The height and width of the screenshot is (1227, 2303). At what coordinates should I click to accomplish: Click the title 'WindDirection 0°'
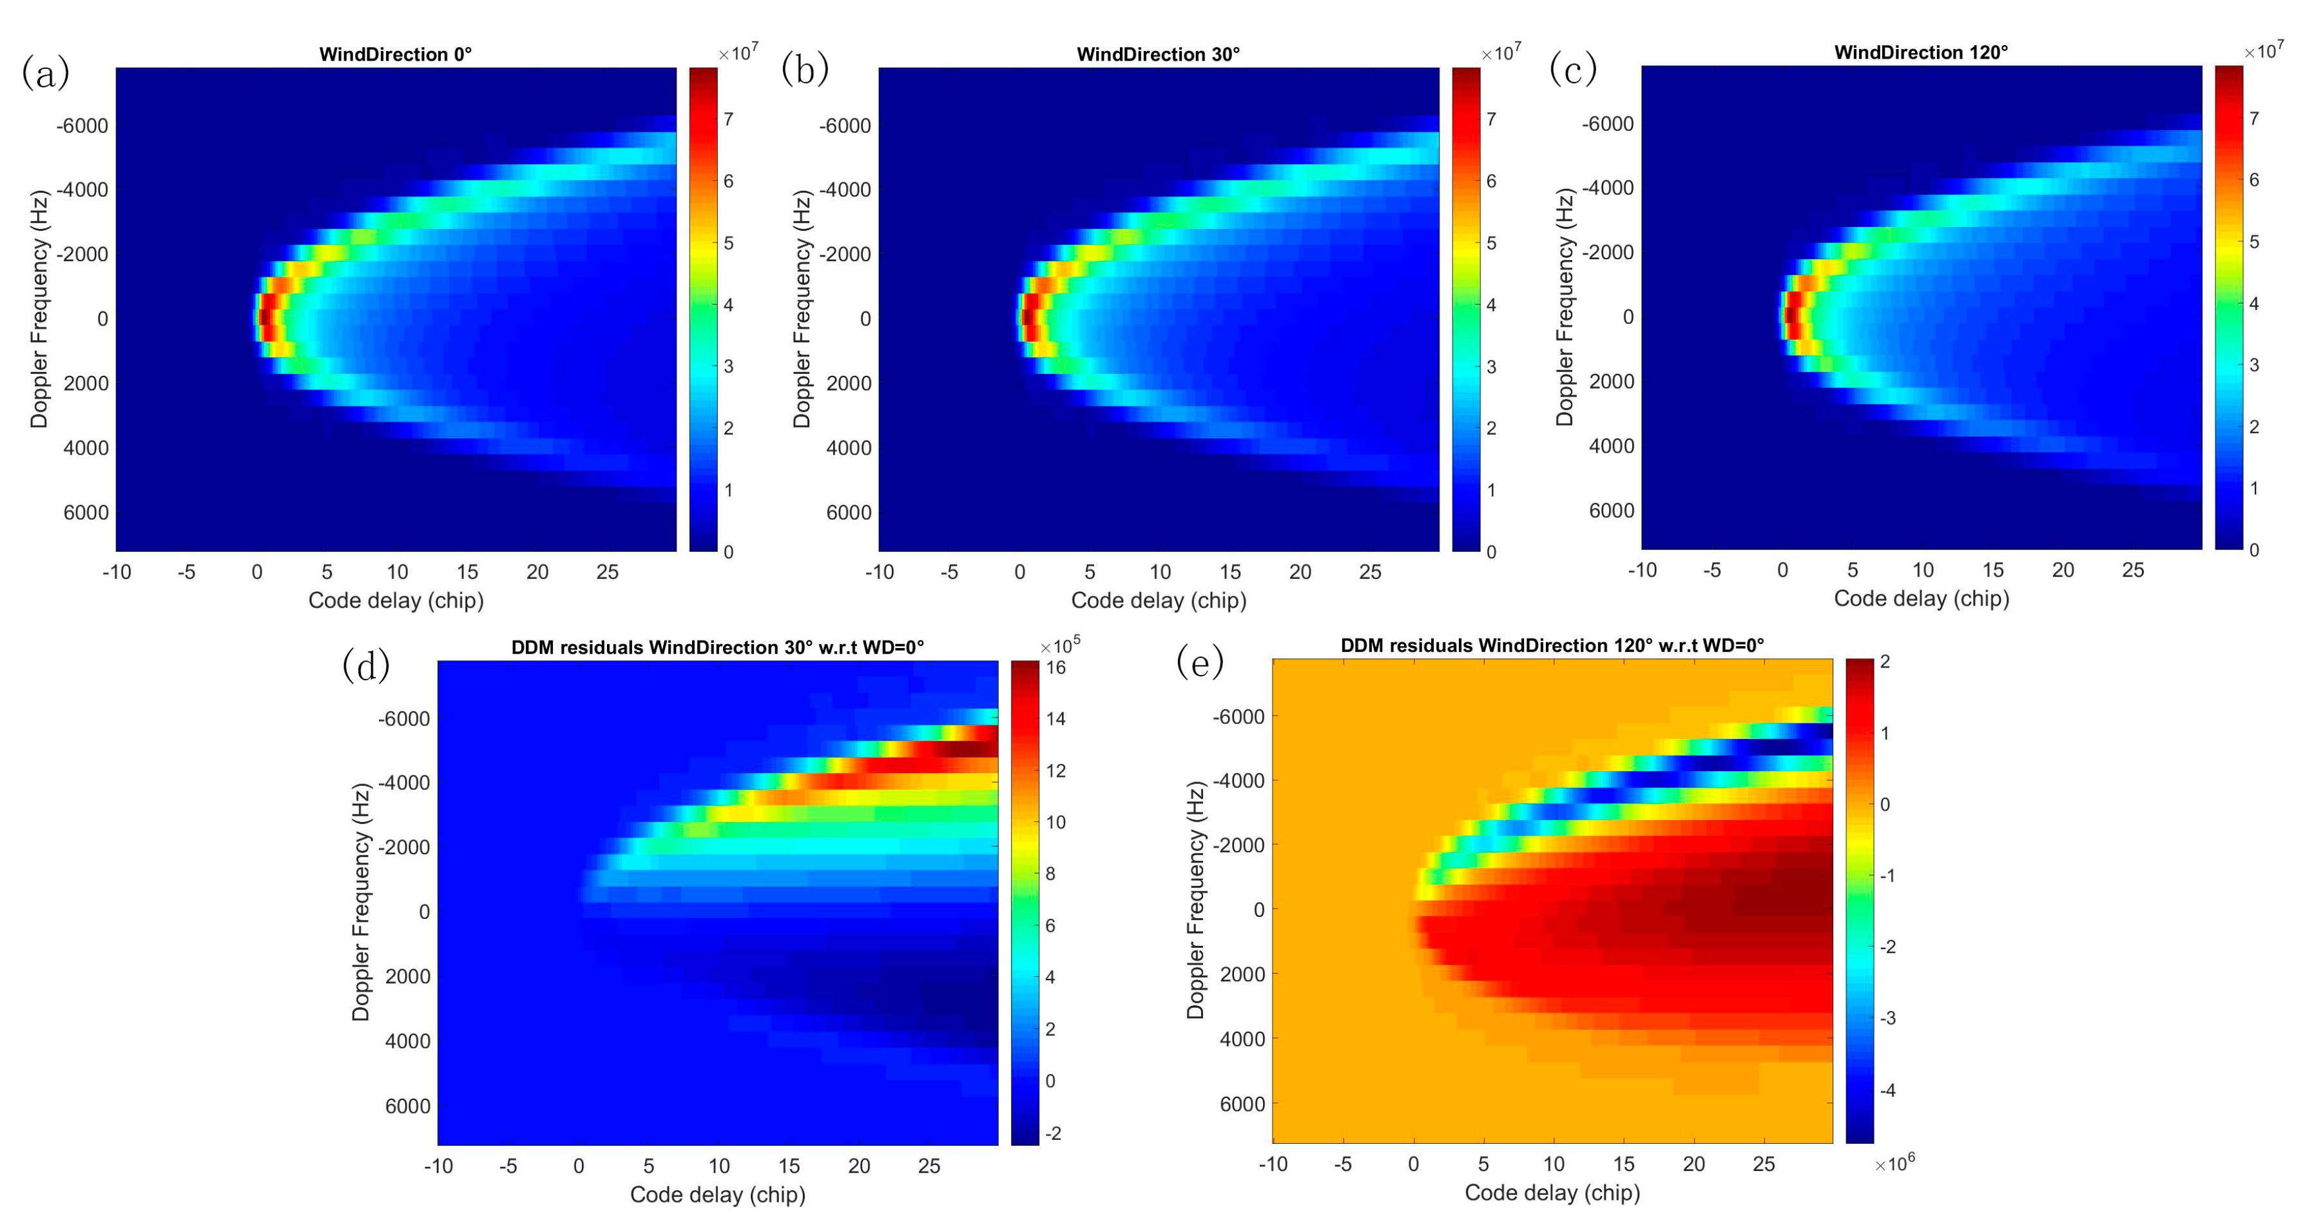pyautogui.click(x=395, y=55)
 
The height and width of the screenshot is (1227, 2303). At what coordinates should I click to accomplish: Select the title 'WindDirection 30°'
pyautogui.click(x=1158, y=55)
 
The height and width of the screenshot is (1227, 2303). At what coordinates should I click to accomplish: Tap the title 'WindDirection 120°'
pyautogui.click(x=1920, y=53)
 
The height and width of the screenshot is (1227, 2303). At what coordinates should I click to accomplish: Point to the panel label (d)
pyautogui.click(x=365, y=665)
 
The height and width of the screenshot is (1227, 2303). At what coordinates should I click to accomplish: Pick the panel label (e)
pyautogui.click(x=1200, y=663)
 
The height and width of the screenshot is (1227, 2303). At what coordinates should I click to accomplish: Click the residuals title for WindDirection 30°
pyautogui.click(x=717, y=647)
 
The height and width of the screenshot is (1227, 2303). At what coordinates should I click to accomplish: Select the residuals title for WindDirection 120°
pyautogui.click(x=1552, y=645)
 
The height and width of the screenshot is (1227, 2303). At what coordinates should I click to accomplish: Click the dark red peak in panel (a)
pyautogui.click(x=264, y=317)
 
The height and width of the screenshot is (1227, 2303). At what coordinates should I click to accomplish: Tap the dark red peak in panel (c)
pyautogui.click(x=1789, y=315)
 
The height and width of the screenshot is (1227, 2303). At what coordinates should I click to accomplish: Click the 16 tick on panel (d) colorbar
pyautogui.click(x=1056, y=667)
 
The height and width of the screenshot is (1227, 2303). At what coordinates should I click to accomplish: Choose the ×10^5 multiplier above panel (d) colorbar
pyautogui.click(x=1060, y=645)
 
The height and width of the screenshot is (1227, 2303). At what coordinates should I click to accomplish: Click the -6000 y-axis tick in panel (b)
pyautogui.click(x=845, y=126)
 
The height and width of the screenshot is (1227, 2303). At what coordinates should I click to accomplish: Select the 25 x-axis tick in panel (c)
pyautogui.click(x=2132, y=571)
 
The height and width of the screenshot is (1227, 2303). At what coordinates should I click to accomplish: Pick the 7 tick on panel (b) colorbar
pyautogui.click(x=1491, y=119)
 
